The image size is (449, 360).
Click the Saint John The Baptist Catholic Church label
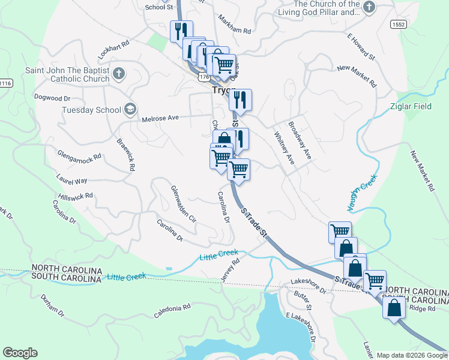point(67,74)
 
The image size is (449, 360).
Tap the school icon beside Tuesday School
point(130,109)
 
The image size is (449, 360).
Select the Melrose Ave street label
point(160,119)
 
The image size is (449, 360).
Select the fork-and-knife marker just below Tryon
point(240,100)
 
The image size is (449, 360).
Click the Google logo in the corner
point(20,353)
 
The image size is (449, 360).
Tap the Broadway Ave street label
point(300,140)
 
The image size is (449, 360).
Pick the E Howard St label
point(360,47)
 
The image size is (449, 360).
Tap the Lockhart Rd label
point(114,49)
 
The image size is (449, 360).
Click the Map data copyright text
point(411,355)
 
